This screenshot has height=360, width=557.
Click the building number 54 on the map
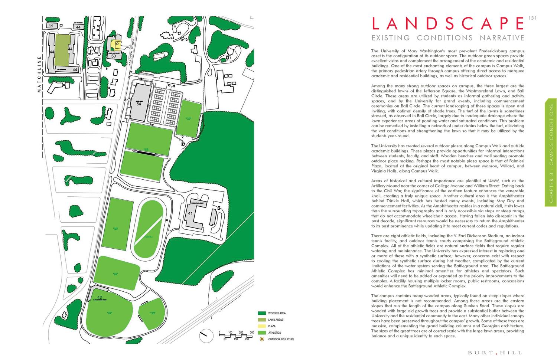tap(139, 104)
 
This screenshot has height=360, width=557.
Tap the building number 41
tap(190, 213)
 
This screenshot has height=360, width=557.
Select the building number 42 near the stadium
tap(100, 297)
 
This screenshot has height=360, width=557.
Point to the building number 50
tap(114, 56)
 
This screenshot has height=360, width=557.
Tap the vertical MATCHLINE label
tap(39, 74)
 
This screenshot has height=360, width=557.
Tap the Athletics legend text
tap(274, 333)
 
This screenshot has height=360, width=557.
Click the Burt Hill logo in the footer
tap(495, 353)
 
